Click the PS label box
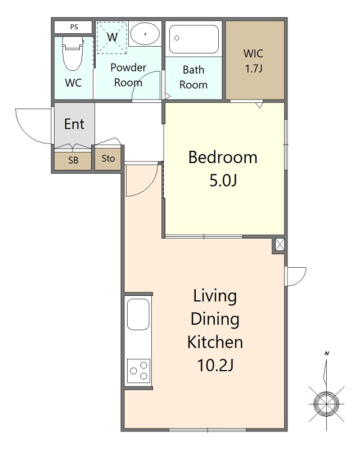coord(73,27)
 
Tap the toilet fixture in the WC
coord(73,53)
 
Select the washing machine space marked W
coord(112,37)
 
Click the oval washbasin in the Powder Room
coord(145,34)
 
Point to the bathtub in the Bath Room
coord(193,39)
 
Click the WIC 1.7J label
coord(254,61)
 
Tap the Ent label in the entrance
coord(74,124)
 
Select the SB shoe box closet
coord(73,161)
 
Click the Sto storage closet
coord(108,159)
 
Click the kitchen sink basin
coord(138,314)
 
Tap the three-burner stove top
coord(138,371)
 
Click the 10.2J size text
coord(215,365)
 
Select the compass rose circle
coord(326,404)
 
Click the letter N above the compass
coord(327,353)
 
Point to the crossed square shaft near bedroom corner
coord(280,245)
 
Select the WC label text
coord(73,83)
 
